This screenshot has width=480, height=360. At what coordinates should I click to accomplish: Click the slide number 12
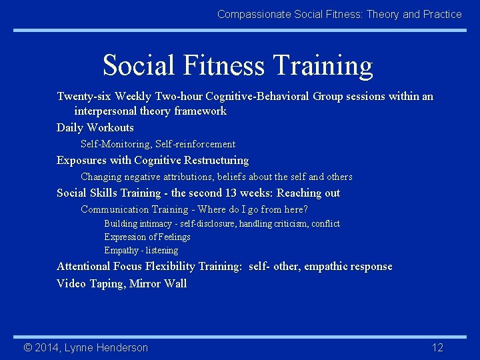pos(437,347)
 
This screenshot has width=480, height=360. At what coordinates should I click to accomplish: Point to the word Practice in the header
pos(443,14)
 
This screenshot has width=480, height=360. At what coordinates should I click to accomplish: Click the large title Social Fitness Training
pos(238,65)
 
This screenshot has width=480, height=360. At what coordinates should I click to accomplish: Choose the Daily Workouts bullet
pos(95,128)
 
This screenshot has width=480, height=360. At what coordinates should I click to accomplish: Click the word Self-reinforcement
pos(195,144)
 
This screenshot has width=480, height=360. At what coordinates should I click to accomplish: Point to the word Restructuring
pos(218,161)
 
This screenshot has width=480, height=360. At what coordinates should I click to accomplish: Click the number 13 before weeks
pos(231,193)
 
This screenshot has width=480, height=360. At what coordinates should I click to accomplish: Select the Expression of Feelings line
pos(147,237)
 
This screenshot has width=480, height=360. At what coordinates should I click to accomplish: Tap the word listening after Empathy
pos(162,251)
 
